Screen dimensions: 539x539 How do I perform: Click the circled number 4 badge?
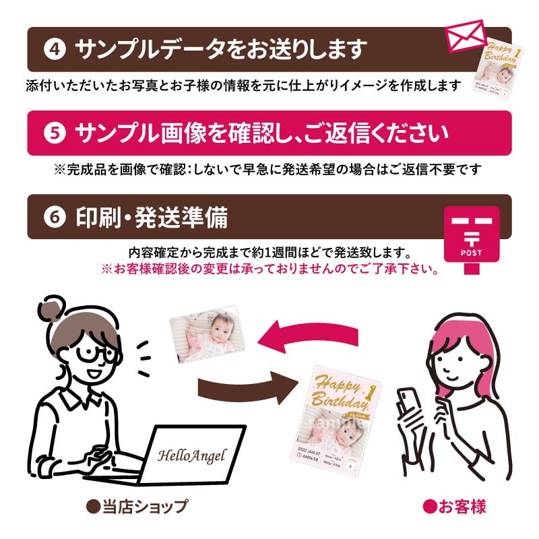pyautogui.click(x=53, y=49)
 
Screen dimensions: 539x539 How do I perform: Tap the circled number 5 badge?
pyautogui.click(x=53, y=133)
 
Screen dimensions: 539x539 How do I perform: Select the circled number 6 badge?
pyautogui.click(x=53, y=216)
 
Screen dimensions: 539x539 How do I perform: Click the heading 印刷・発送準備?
pyautogui.click(x=152, y=217)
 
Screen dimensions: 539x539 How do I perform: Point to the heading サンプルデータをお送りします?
pyautogui.click(x=222, y=49)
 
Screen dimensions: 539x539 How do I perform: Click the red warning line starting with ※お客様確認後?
pyautogui.click(x=270, y=269)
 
